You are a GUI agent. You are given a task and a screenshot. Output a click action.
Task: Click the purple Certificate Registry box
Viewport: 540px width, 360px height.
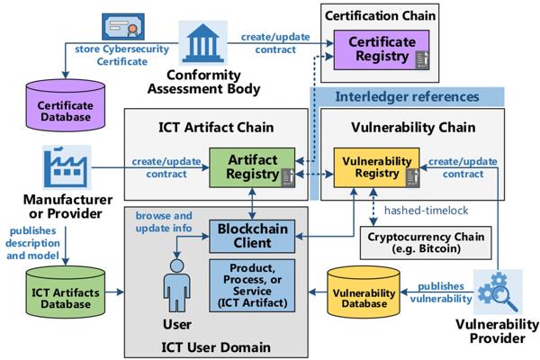click(382, 50)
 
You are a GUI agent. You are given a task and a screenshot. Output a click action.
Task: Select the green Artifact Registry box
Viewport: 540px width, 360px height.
click(252, 167)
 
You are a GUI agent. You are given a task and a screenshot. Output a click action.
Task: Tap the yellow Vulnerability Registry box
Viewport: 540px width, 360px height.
click(377, 167)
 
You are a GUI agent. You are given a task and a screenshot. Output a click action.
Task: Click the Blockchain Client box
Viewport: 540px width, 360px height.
click(252, 237)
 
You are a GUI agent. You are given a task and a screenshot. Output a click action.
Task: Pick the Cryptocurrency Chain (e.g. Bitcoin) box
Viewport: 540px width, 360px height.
click(426, 243)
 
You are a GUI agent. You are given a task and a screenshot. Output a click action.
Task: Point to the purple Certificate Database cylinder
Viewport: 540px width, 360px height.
click(66, 105)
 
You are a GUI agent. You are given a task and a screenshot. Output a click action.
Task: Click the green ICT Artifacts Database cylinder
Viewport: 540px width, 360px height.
click(66, 292)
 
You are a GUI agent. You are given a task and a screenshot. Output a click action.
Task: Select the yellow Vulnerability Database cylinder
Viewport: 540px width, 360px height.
click(364, 292)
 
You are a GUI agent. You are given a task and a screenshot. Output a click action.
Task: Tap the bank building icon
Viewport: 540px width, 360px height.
click(202, 43)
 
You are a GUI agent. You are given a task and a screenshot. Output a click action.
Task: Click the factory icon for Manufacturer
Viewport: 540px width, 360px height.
click(67, 167)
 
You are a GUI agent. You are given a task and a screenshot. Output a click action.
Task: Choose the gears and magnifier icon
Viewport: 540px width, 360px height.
click(498, 292)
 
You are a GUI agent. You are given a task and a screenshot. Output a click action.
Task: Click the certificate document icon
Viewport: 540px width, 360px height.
click(123, 26)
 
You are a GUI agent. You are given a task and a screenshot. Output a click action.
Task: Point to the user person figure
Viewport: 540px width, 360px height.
click(176, 285)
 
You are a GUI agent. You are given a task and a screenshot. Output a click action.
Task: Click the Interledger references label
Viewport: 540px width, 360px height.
click(407, 97)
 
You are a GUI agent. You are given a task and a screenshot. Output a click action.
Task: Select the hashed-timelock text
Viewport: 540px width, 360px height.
click(426, 210)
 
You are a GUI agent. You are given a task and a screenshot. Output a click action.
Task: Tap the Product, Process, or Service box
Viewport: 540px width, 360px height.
click(252, 285)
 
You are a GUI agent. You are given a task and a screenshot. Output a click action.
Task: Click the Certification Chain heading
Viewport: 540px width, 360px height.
click(380, 16)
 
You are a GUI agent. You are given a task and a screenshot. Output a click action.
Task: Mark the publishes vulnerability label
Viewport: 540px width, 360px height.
click(441, 292)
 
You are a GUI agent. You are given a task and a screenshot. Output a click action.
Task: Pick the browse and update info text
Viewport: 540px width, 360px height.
click(164, 222)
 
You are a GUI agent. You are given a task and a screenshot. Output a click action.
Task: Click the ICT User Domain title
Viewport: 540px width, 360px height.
click(216, 347)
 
